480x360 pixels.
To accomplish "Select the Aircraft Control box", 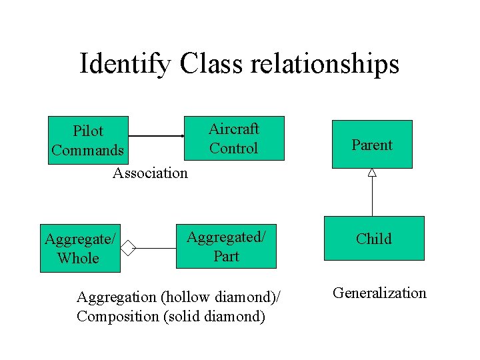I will pyautogui.click(x=233, y=139).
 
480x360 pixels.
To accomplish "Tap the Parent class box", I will pyautogui.click(x=372, y=144).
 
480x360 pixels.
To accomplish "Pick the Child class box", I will pyautogui.click(x=373, y=238).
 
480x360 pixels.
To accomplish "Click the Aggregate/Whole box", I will pyautogui.click(x=80, y=248).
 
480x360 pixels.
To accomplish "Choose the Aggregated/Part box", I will pyautogui.click(x=226, y=246).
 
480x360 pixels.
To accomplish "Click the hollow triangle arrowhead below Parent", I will pyautogui.click(x=372, y=173).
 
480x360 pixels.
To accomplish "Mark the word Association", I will pyautogui.click(x=150, y=173).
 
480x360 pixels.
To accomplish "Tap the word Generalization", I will pyautogui.click(x=379, y=293).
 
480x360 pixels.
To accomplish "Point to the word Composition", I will pyautogui.click(x=117, y=316).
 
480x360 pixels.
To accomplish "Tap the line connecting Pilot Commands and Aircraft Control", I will pyautogui.click(x=155, y=136).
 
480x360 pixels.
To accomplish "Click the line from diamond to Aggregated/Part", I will pyautogui.click(x=157, y=249).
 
